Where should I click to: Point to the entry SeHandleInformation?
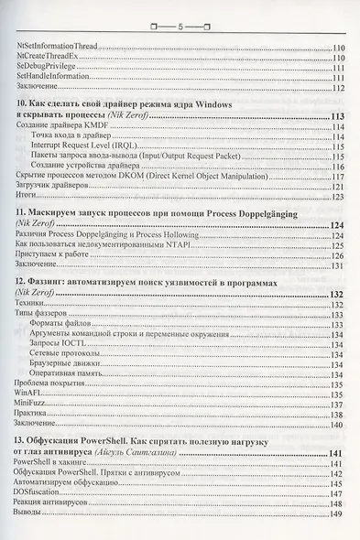click(x=52, y=78)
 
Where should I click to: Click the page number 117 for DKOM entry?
click(x=335, y=177)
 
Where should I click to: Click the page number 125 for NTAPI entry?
click(x=335, y=245)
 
